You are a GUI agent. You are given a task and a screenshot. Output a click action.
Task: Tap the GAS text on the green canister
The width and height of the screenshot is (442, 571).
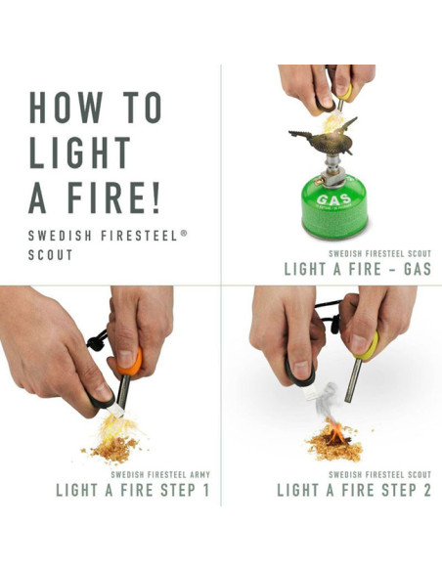331,200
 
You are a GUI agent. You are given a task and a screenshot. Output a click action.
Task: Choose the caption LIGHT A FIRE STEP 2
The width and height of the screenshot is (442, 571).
353,490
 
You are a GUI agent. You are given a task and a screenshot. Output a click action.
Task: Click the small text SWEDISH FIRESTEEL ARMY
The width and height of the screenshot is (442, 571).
159,474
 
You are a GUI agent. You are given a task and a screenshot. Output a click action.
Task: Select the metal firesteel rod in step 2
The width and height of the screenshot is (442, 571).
355,380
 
